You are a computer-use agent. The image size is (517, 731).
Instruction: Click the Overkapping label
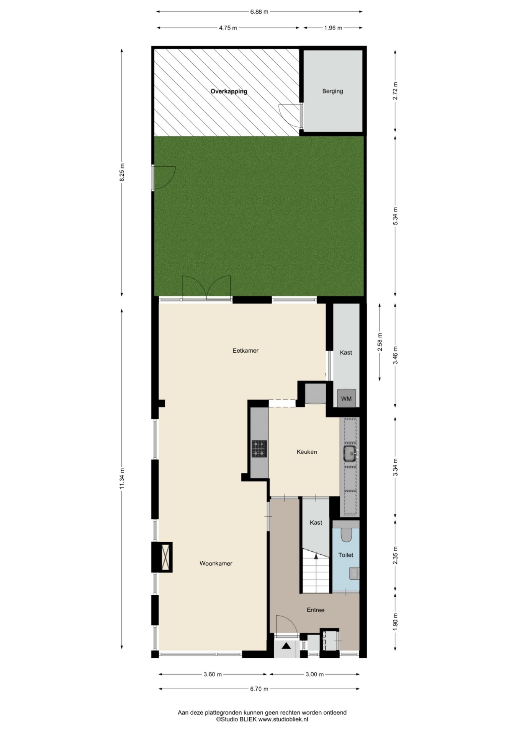(229, 91)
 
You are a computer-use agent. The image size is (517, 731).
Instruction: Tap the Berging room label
(332, 91)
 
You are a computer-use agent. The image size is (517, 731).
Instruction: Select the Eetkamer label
(245, 350)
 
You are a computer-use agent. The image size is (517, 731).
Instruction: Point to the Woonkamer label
(216, 563)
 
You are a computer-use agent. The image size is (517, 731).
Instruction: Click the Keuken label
(307, 452)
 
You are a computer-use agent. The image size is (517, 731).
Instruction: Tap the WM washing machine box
(347, 398)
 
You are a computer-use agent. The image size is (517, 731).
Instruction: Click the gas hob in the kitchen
(259, 449)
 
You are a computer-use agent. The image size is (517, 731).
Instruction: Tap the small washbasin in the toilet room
(354, 573)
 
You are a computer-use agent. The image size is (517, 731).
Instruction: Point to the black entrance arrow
(286, 646)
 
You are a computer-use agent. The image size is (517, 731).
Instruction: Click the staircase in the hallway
(315, 571)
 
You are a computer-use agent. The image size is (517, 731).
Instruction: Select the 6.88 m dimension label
(259, 11)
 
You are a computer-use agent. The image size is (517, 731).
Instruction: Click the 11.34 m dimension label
(122, 479)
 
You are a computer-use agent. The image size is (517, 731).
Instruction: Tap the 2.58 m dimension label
(380, 342)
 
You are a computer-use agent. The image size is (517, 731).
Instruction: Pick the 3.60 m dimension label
(213, 674)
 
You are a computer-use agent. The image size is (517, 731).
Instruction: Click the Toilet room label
(346, 555)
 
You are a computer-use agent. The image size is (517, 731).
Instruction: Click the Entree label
(316, 610)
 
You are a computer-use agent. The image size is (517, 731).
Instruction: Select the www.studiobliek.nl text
(283, 720)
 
